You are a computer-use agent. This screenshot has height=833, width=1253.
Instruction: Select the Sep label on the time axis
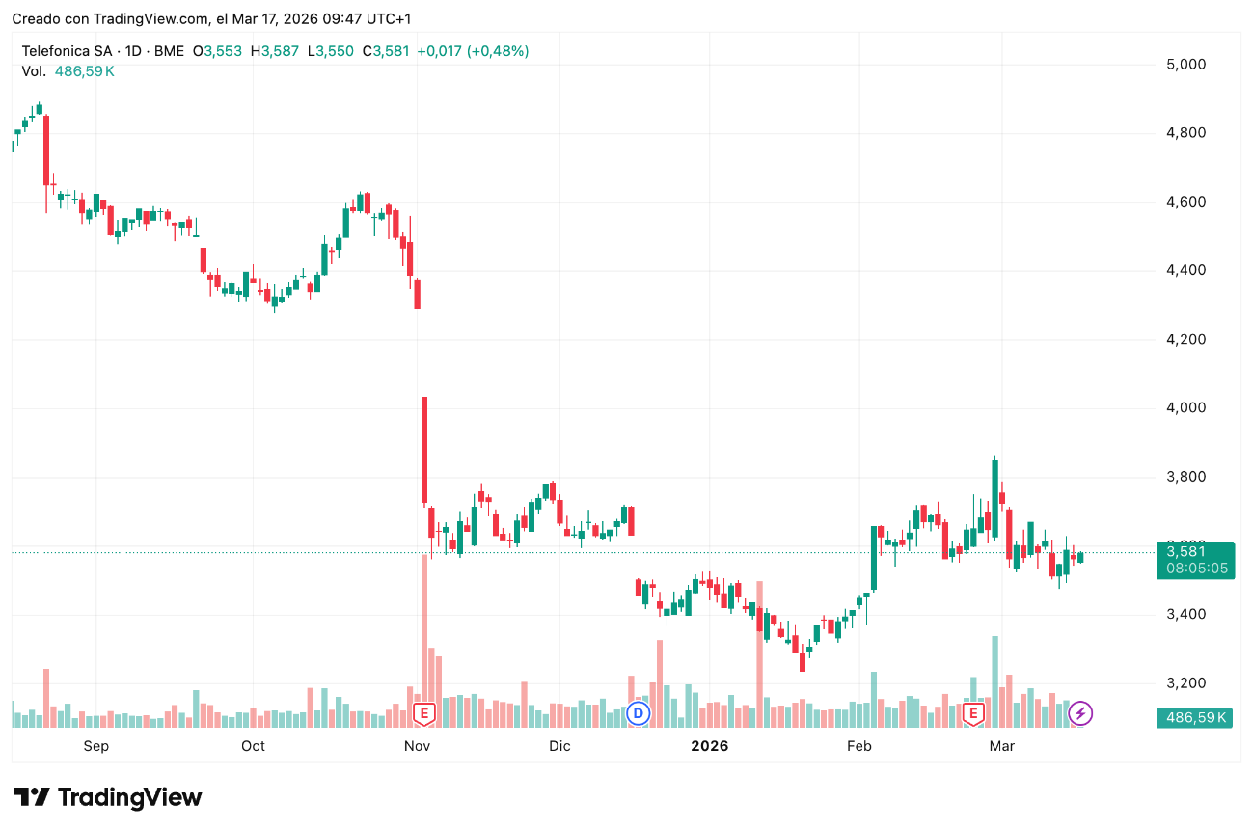click(96, 746)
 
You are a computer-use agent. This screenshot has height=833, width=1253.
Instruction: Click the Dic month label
click(559, 746)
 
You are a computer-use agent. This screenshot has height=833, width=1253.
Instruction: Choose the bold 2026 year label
click(709, 746)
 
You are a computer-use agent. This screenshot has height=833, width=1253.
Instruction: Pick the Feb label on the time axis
click(858, 746)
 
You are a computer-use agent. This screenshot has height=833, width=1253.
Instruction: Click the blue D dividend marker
click(638, 713)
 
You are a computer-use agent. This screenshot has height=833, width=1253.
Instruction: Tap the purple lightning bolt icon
click(1081, 713)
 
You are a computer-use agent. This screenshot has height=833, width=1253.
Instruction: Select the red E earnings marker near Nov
click(423, 714)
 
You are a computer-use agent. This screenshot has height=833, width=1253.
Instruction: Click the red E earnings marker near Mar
click(974, 714)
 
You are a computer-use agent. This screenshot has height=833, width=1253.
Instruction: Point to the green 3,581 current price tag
click(1193, 552)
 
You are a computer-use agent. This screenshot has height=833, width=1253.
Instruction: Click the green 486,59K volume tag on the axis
click(1193, 717)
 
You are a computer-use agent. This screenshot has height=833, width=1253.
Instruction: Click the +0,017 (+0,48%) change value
click(473, 51)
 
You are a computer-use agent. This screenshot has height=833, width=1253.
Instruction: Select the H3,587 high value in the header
click(274, 51)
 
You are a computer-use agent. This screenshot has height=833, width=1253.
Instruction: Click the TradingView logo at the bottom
click(108, 798)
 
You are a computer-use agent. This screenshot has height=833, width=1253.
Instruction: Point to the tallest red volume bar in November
click(423, 637)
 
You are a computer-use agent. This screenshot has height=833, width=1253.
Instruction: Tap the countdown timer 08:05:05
click(1196, 569)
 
